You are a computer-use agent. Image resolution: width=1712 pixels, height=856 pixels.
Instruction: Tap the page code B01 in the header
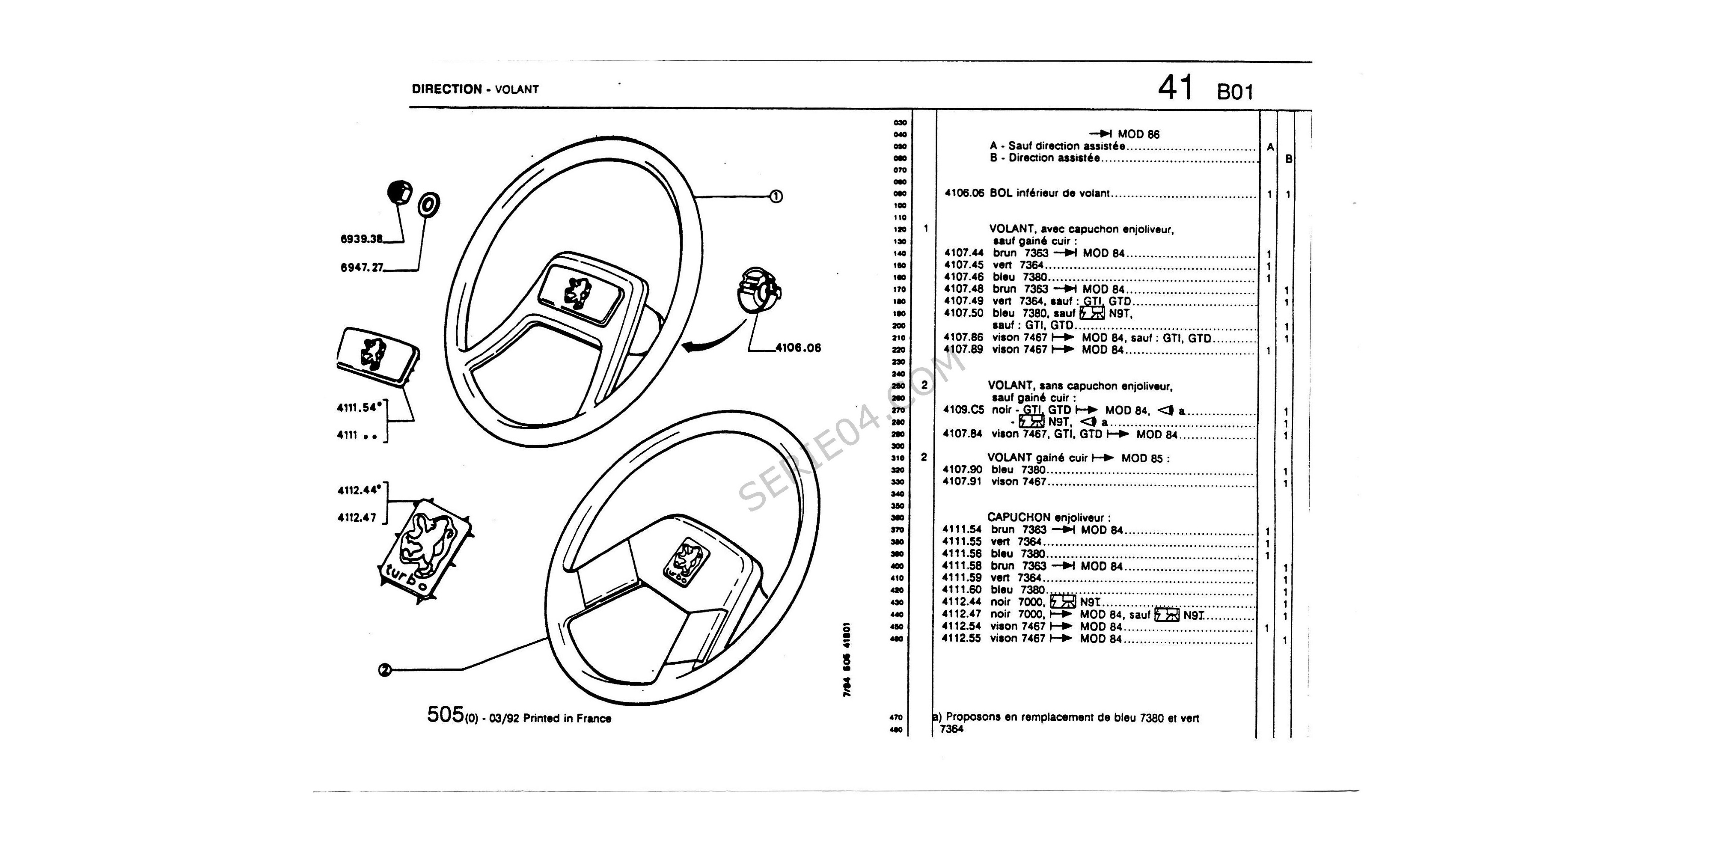1235,91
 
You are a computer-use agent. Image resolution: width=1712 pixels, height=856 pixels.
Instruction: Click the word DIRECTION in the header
446,89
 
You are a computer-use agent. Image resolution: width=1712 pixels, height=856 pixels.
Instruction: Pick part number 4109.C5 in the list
963,410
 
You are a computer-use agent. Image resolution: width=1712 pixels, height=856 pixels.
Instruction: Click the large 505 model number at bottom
445,715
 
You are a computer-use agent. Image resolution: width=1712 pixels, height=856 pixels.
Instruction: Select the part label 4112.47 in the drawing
357,518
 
